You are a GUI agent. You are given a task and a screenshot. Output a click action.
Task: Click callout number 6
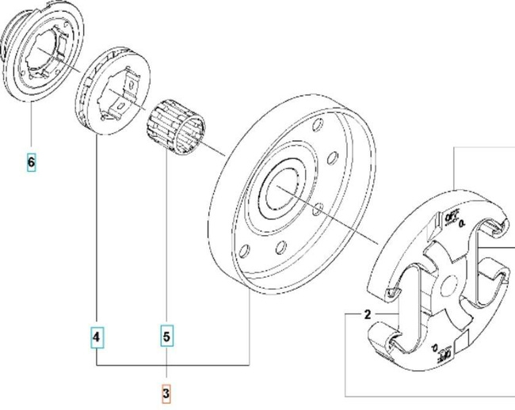pyautogui.click(x=31, y=163)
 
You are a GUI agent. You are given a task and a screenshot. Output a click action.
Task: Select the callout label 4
pyautogui.click(x=96, y=338)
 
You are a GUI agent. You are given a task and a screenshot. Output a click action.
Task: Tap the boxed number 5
pyautogui.click(x=167, y=338)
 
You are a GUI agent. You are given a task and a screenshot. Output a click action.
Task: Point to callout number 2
pyautogui.click(x=368, y=315)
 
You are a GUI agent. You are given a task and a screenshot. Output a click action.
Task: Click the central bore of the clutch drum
pyautogui.click(x=281, y=191)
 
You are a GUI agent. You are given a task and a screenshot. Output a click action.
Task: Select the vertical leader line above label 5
pyautogui.click(x=167, y=237)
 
